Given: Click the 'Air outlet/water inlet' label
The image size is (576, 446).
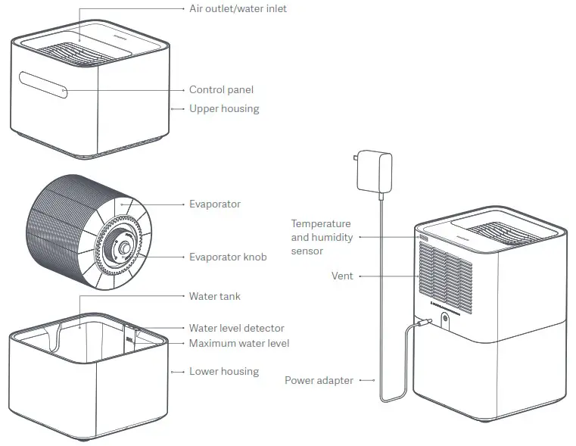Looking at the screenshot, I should [238, 9].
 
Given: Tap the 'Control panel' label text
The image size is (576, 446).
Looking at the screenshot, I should [221, 90].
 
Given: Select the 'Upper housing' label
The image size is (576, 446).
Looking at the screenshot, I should [224, 109].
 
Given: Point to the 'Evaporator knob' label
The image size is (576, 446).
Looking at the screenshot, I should [228, 257].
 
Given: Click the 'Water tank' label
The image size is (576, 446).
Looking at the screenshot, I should [215, 296].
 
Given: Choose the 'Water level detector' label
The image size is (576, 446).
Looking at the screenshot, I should [237, 328].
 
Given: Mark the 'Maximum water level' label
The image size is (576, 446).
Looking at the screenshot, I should [239, 344].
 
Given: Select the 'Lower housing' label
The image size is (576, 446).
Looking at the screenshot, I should [224, 372].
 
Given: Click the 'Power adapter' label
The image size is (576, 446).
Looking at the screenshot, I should [319, 380].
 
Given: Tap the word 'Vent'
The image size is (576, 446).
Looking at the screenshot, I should [342, 276].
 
